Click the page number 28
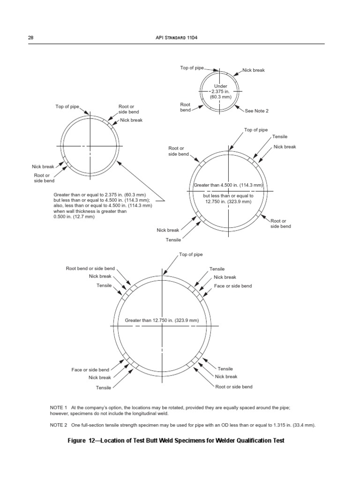pyautogui.click(x=31, y=37)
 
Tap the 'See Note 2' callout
pyautogui.click(x=257, y=111)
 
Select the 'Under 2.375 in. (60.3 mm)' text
pyautogui.click(x=220, y=91)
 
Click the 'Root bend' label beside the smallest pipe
pyautogui.click(x=185, y=107)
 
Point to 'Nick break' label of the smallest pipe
pyautogui.click(x=254, y=70)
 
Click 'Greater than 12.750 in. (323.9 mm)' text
pyautogui.click(x=162, y=321)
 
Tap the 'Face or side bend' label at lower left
pyautogui.click(x=90, y=370)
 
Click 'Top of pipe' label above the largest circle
pyautogui.click(x=191, y=255)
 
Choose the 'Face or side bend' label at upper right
pyautogui.click(x=233, y=285)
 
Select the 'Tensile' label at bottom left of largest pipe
pyautogui.click(x=104, y=388)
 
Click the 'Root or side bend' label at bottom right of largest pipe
pyautogui.click(x=233, y=387)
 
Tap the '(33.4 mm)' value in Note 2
pyautogui.click(x=303, y=425)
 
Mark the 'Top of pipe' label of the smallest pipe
pyautogui.click(x=192, y=68)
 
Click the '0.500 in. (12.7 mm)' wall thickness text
pyautogui.click(x=74, y=217)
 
